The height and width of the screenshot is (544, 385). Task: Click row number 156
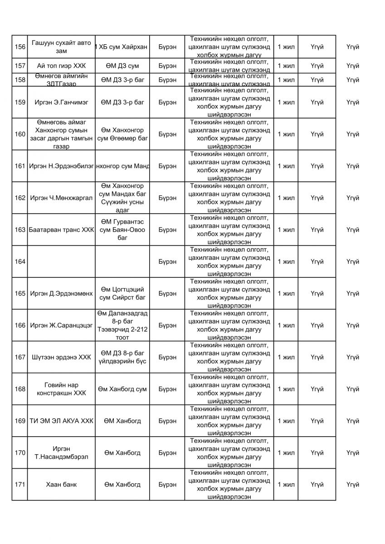19,47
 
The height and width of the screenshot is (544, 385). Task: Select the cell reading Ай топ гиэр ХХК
61,66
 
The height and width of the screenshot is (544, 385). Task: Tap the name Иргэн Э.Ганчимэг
61,102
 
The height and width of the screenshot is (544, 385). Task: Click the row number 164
19,262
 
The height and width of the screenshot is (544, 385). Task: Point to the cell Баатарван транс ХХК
61,230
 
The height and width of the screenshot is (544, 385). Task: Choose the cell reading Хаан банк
61,485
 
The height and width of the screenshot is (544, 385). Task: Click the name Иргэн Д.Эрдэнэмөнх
61,293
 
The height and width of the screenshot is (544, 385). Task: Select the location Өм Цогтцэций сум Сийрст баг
122,293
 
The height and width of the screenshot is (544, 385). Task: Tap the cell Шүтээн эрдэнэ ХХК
61,357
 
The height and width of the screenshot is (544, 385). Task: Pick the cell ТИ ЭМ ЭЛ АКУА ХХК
61,421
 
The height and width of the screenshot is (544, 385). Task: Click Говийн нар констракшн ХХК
61,389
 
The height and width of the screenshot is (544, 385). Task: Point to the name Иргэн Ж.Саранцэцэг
61,325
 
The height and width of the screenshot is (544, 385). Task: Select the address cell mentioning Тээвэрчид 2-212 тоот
122,325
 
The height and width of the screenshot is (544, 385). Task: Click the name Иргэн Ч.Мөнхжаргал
61,198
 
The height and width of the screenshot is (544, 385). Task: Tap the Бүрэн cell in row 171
167,485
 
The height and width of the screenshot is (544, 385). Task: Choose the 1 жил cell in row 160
286,134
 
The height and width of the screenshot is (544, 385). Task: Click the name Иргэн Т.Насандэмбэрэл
61,452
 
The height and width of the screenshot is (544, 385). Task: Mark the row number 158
19,80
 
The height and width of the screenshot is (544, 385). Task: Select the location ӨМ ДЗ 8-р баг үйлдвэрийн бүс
122,357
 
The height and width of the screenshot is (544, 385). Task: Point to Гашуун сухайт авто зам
61,47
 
